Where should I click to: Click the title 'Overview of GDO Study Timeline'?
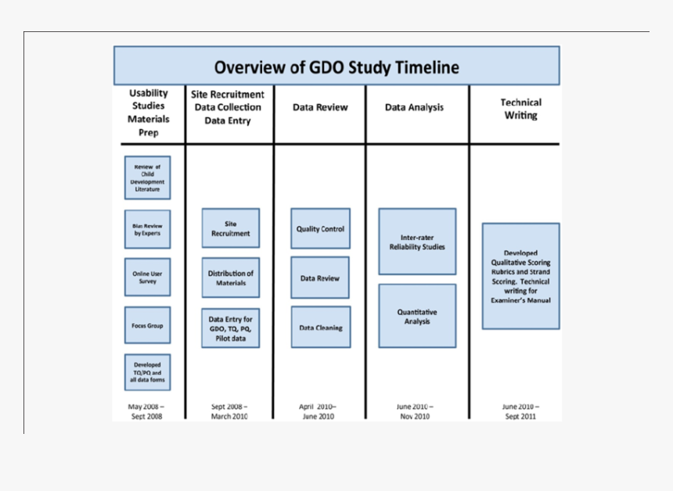[336, 66]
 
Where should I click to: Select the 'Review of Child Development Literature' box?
[147, 177]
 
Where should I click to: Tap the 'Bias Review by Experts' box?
[147, 229]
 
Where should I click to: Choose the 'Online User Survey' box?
[147, 277]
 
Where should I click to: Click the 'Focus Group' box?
[147, 325]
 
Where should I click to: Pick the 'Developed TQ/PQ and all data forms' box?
[147, 372]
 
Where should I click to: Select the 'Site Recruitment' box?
[231, 228]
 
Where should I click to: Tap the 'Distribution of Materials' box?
[231, 278]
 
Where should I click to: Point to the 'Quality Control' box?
[320, 228]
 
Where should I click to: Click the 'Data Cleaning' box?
[320, 328]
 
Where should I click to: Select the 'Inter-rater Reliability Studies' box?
[417, 242]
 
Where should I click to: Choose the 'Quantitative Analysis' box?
[417, 316]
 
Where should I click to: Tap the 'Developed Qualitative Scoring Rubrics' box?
[520, 276]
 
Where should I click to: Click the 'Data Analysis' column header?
[414, 107]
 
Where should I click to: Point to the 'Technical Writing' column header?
[520, 109]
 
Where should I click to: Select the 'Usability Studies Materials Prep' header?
[149, 113]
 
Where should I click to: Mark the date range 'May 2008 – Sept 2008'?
[146, 411]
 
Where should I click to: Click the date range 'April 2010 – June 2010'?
[318, 411]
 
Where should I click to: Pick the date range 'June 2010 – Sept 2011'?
[520, 411]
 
